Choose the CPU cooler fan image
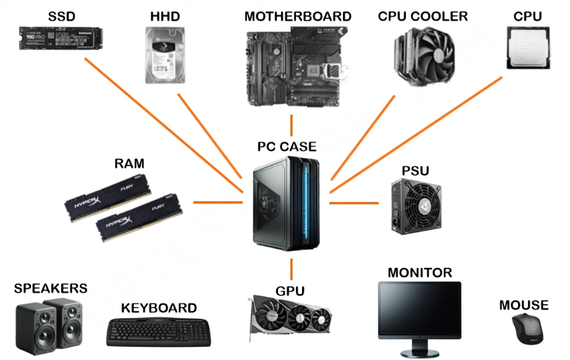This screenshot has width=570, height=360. pyautogui.click(x=423, y=54)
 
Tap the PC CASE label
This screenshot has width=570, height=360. pyautogui.click(x=287, y=146)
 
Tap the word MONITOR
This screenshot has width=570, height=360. pyautogui.click(x=419, y=273)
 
